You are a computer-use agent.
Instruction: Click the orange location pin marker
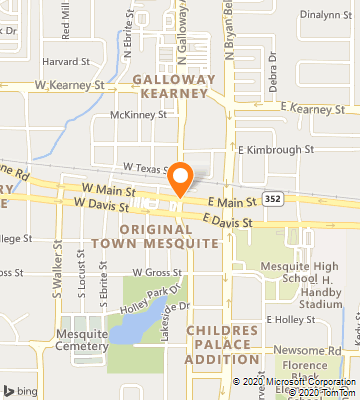pos(180,178)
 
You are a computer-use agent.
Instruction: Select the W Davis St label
pos(100,205)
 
